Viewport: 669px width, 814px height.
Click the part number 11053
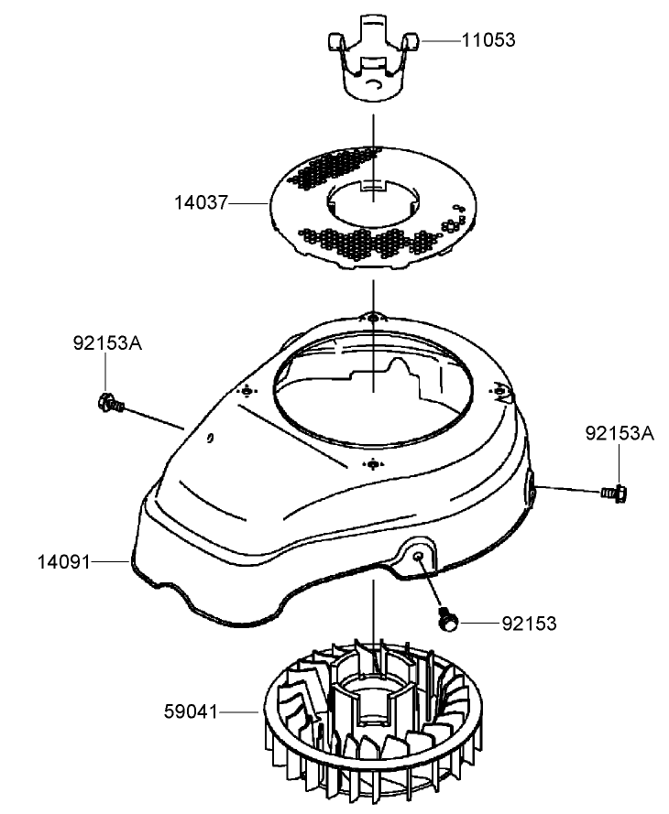click(489, 40)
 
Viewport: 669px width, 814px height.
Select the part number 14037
click(202, 201)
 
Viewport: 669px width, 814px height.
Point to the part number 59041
click(191, 711)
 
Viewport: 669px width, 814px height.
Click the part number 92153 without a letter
click(529, 624)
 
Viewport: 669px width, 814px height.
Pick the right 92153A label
click(620, 432)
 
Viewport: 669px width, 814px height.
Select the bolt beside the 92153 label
click(448, 619)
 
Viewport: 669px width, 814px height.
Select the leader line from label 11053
click(441, 40)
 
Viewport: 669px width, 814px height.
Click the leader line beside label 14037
click(247, 201)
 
